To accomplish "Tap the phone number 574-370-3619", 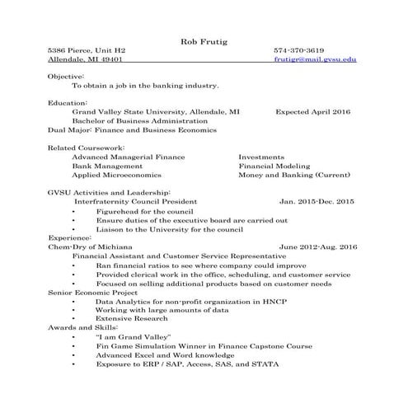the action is tap(298, 50).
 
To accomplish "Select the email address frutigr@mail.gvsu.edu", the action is tap(315, 60).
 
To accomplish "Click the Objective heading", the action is tap(66, 76).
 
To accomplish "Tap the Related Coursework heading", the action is tap(82, 146).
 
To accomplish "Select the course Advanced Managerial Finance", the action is tap(129, 156).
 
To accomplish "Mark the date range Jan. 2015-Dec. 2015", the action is tap(317, 201).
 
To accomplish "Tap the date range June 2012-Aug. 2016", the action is tap(317, 246).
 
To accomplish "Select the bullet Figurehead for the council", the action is tap(144, 211).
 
